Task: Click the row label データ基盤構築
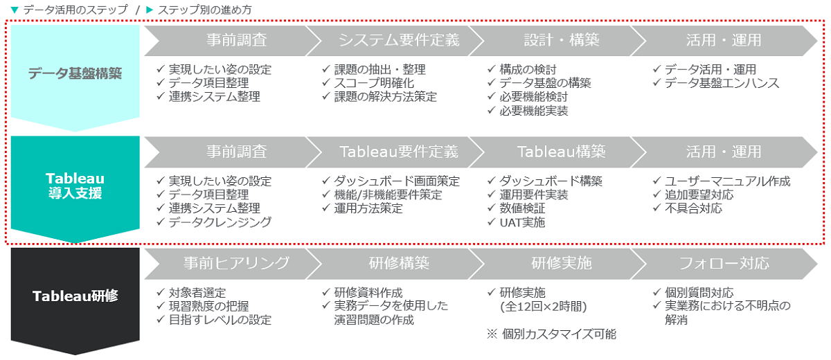coord(75,73)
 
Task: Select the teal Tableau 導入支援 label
coord(75,186)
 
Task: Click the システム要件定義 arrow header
coord(395,40)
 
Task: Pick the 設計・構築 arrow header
coord(557,40)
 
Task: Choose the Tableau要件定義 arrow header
coord(395,152)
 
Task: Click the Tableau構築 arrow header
coord(557,152)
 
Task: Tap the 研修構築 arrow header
coord(395,264)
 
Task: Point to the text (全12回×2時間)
coord(544,307)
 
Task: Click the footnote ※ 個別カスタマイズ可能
coord(551,334)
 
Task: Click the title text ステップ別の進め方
coord(205,10)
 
